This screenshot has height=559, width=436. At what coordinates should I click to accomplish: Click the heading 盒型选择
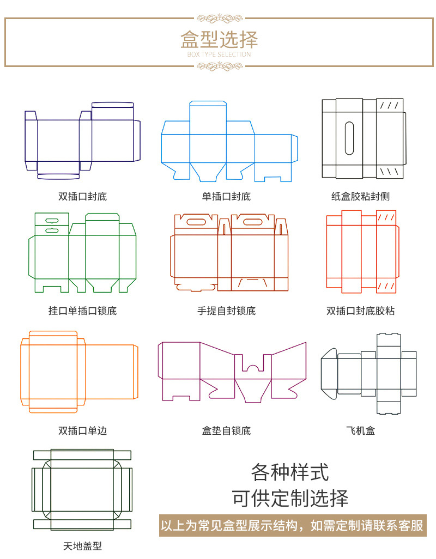coord(219,39)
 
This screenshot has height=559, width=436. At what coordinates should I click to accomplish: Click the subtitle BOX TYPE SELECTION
coord(219,54)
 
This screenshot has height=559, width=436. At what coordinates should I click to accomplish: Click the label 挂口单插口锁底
coord(82,311)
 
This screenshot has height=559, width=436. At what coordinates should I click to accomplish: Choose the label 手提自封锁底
coord(226,311)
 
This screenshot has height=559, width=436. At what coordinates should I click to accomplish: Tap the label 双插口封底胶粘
coord(361,311)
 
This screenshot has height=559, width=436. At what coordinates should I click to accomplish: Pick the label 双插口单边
coord(83,430)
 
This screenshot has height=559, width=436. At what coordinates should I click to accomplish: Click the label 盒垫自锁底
coord(226,430)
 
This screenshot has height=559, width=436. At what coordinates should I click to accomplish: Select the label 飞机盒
coord(361,430)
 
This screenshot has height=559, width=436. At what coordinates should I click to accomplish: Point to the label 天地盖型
coord(83,546)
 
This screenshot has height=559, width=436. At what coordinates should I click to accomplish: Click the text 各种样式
coord(290,472)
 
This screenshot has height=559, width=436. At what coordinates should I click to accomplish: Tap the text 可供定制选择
coord(290,498)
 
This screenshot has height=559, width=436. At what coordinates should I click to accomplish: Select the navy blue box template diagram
coord(82,140)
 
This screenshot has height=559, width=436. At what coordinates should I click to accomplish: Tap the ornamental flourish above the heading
coord(219,18)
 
